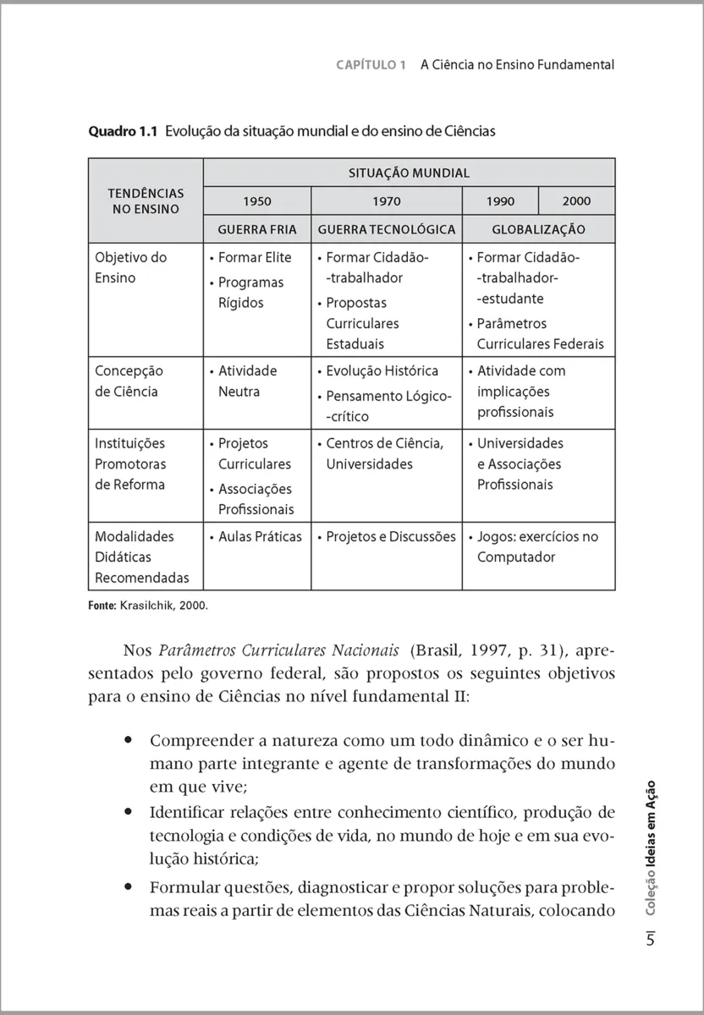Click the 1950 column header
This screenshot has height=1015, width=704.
257,201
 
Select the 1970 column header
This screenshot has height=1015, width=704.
386,201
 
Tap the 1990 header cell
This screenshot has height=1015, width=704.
500,201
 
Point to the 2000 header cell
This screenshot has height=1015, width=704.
576,201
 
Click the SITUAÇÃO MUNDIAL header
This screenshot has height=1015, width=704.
409,173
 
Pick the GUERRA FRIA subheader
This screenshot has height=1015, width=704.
257,229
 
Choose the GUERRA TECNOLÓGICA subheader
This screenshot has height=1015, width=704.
386,229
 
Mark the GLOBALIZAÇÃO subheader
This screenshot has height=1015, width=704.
538,229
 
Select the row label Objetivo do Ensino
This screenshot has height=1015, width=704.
130,267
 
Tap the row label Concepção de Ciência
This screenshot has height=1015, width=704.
129,381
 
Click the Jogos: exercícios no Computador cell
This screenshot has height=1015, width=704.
536,546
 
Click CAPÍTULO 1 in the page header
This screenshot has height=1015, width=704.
371,64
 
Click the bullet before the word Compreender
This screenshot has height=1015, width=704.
128,740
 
